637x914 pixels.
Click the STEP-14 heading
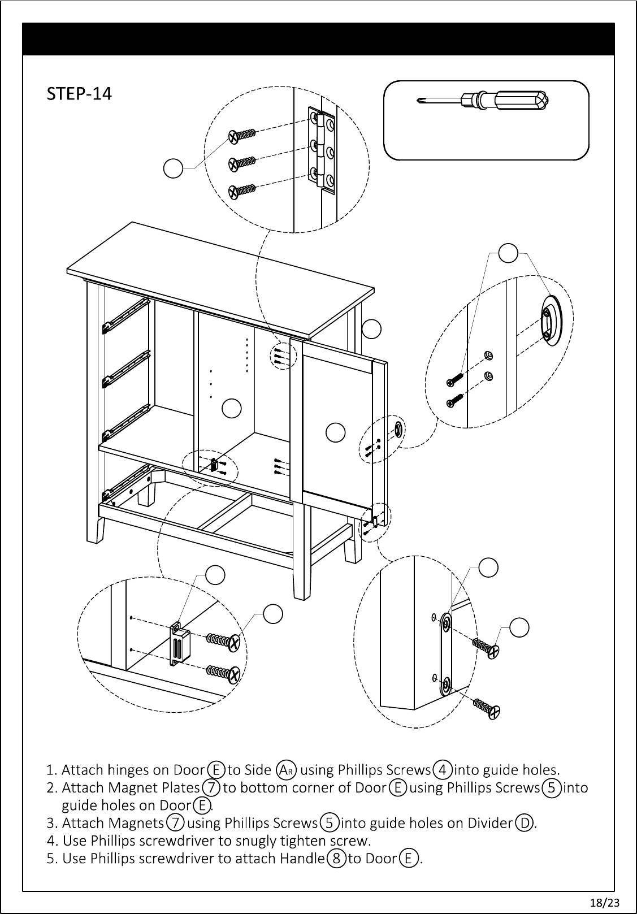point(79,93)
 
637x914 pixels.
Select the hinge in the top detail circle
point(321,149)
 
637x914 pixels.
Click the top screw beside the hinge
point(241,136)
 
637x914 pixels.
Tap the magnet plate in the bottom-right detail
point(445,655)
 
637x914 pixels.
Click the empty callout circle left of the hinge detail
point(173,168)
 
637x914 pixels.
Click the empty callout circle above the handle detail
point(509,253)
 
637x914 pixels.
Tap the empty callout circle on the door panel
point(336,432)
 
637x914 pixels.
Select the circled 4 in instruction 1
point(443,769)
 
